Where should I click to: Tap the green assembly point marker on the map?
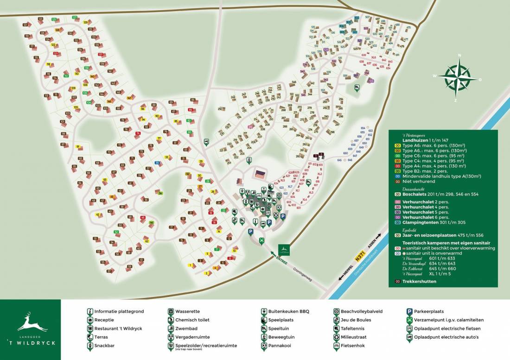tap(262, 240)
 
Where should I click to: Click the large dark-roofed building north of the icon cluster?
tap(261, 175)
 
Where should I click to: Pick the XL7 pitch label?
tap(290, 187)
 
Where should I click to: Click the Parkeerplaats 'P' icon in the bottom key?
tap(409, 312)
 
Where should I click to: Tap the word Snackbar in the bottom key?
tap(104, 346)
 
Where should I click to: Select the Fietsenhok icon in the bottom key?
tap(337, 346)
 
